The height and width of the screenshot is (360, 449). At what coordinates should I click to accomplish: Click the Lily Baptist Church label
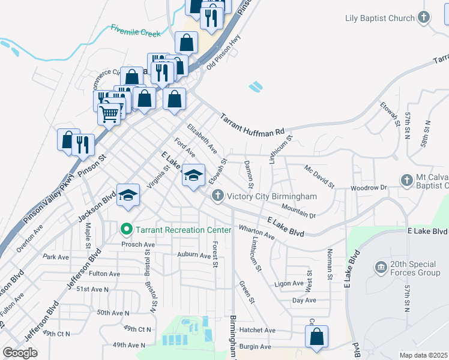click(x=380, y=18)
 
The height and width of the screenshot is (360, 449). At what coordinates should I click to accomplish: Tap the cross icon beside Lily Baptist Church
click(x=424, y=17)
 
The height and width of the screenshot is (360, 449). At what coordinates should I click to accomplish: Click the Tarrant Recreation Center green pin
click(x=126, y=229)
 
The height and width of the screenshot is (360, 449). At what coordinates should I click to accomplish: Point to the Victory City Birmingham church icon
click(x=217, y=196)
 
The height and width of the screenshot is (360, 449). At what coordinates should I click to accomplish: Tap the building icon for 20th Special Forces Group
click(x=380, y=266)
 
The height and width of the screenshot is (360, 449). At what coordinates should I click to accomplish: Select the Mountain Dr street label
click(x=298, y=211)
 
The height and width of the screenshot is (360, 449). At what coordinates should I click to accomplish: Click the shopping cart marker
click(x=109, y=113)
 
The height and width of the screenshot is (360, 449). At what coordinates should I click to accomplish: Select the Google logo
click(x=20, y=353)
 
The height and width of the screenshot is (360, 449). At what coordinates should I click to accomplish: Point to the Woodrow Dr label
click(x=369, y=188)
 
